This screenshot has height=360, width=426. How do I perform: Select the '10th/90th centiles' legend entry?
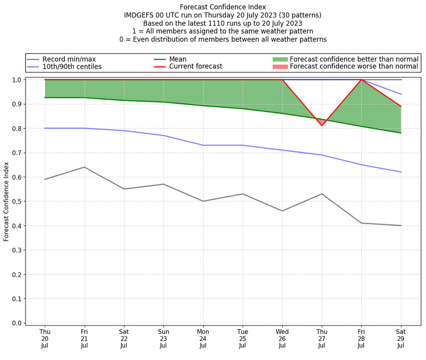(72, 67)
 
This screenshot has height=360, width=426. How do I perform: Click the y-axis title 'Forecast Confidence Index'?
(6, 201)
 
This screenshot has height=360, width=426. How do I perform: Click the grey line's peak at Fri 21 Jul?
(84, 167)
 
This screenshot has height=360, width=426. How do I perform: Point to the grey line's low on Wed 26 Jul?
(282, 211)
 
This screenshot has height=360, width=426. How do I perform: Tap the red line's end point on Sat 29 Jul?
(400, 107)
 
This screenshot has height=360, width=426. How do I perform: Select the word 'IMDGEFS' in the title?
(139, 15)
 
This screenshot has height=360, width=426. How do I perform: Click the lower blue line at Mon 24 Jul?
(203, 145)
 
